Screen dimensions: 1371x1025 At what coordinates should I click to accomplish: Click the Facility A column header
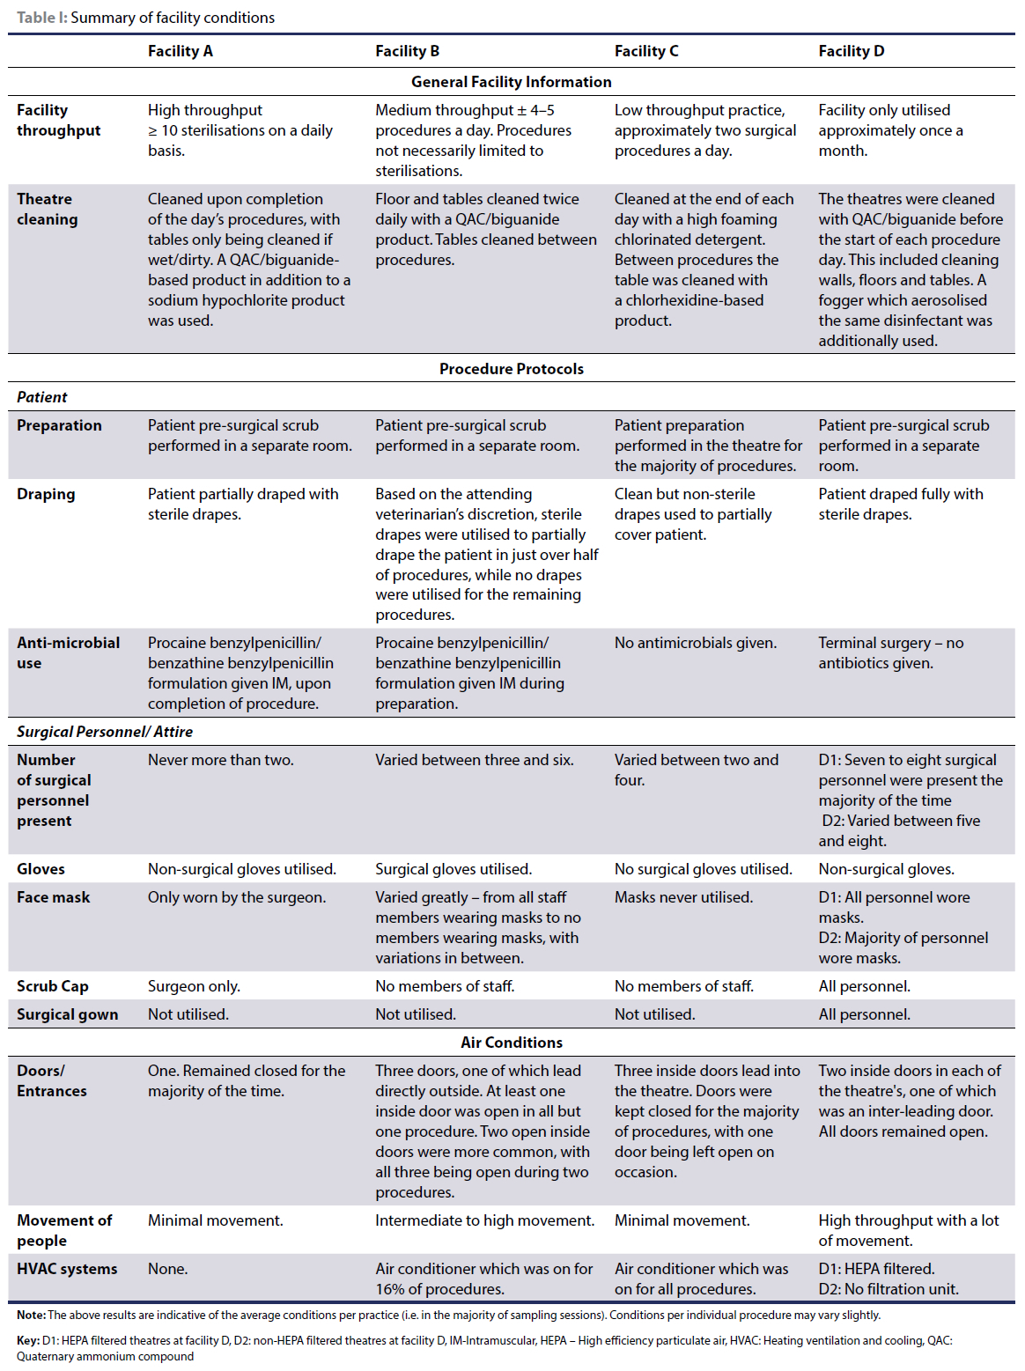tap(180, 51)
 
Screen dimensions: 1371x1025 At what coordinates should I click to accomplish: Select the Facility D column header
tap(851, 51)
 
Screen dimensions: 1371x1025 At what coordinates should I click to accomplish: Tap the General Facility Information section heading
tap(511, 82)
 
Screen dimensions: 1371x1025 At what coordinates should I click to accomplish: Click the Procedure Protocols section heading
tap(511, 369)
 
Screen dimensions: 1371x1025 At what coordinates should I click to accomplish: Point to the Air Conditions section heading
tap(511, 1043)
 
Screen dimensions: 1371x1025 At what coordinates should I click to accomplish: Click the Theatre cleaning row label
tap(48, 210)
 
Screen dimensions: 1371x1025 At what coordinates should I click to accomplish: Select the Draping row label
tap(46, 494)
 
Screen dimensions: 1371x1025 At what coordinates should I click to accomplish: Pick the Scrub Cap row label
tap(53, 986)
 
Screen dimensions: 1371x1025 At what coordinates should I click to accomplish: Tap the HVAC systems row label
tap(67, 1269)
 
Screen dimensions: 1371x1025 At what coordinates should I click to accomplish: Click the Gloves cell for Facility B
tap(453, 869)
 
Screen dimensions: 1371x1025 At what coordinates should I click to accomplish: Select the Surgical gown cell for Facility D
tap(864, 1014)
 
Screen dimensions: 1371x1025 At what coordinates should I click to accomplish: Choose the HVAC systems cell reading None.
tap(167, 1269)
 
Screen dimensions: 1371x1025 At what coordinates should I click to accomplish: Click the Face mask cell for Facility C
tap(683, 897)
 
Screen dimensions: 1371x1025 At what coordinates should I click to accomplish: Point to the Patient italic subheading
tap(42, 397)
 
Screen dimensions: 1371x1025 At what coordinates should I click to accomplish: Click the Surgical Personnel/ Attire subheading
tap(104, 732)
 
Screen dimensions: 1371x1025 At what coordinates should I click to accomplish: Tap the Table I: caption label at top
tap(42, 18)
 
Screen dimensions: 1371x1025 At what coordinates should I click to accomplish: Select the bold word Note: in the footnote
tap(31, 1315)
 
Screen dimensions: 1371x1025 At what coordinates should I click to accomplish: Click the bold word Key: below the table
tap(28, 1340)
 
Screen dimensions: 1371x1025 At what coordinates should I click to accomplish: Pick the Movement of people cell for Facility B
tap(484, 1220)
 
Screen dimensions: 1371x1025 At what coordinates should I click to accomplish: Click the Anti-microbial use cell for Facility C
tap(695, 643)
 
